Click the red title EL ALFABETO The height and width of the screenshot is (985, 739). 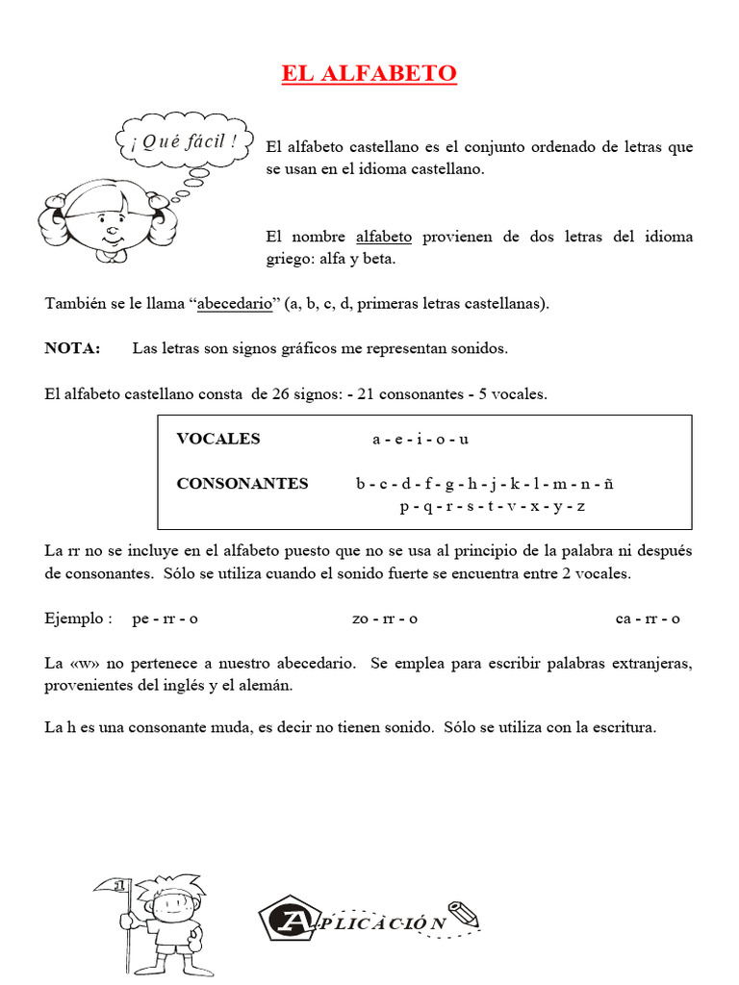point(369,74)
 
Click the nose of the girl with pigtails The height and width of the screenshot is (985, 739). point(112,231)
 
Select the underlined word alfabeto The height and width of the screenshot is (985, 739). point(384,237)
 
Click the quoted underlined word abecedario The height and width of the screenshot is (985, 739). point(236,304)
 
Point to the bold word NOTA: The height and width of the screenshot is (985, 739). point(72,348)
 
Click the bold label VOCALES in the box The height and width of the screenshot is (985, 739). point(218,439)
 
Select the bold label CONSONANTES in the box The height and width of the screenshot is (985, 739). point(242,484)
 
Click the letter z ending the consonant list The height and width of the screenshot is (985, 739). point(581,506)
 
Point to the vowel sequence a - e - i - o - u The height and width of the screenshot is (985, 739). point(420,439)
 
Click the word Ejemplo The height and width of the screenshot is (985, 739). point(78,619)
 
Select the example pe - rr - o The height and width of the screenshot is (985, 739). point(165,619)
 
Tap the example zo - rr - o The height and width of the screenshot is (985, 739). point(385,619)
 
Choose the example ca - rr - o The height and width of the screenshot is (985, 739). point(648,619)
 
